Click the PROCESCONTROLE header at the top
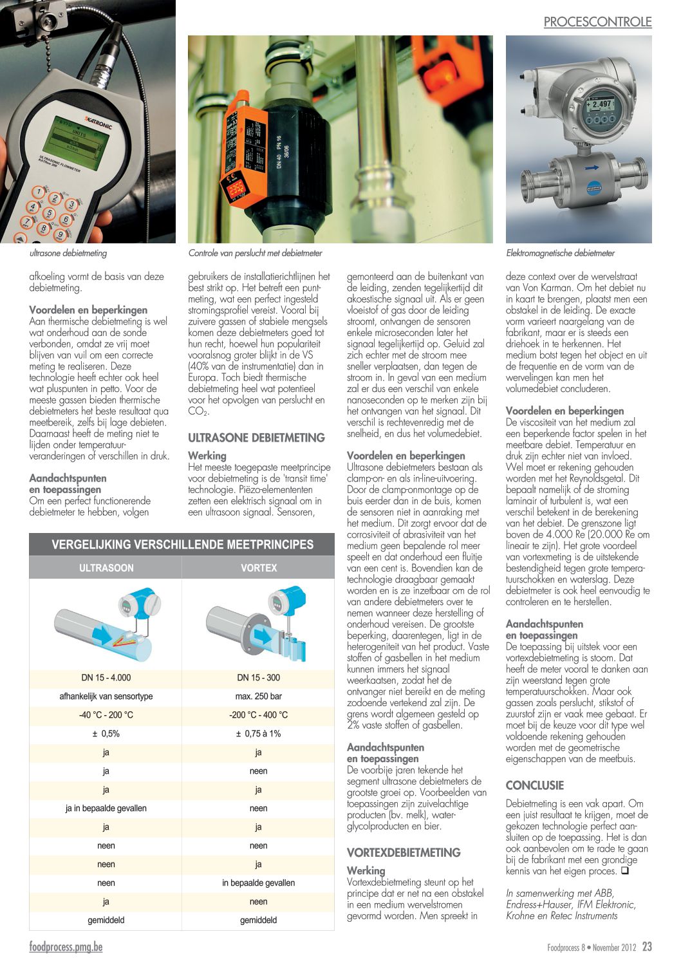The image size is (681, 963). click(597, 22)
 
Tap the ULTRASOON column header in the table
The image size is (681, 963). click(106, 568)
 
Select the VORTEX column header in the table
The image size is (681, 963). click(258, 568)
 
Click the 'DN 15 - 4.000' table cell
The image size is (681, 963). click(106, 677)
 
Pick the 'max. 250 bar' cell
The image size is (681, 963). click(258, 696)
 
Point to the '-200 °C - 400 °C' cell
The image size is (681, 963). click(258, 715)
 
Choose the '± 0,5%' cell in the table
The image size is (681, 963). click(106, 733)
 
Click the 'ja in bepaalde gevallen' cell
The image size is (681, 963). click(106, 808)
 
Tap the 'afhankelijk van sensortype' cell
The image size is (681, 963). click(106, 696)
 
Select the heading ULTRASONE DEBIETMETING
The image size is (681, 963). click(256, 438)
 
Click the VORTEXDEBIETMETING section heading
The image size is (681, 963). click(404, 852)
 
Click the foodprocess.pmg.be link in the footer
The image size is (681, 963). click(66, 947)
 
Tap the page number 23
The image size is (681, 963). click(647, 947)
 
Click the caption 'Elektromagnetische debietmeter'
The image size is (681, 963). click(560, 253)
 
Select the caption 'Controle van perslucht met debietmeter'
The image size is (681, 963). click(255, 253)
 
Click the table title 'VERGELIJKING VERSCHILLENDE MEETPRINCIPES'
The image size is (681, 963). click(182, 545)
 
